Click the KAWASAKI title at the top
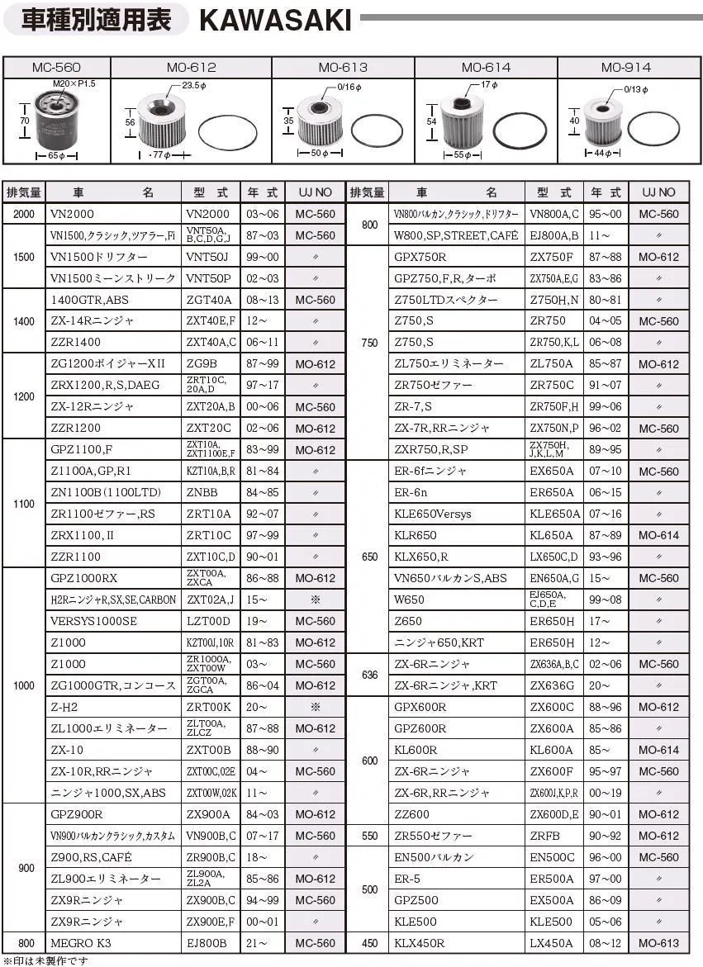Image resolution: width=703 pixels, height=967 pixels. coord(275,20)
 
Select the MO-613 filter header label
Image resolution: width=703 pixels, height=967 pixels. coord(343,68)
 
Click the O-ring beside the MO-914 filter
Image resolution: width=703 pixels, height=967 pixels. coord(653,129)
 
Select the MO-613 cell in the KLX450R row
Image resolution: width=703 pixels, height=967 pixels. coord(658,943)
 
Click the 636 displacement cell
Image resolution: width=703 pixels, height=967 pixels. coord(369,675)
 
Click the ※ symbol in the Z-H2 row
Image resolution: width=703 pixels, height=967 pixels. coord(315,707)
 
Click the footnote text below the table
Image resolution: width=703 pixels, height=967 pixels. coord(45,960)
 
